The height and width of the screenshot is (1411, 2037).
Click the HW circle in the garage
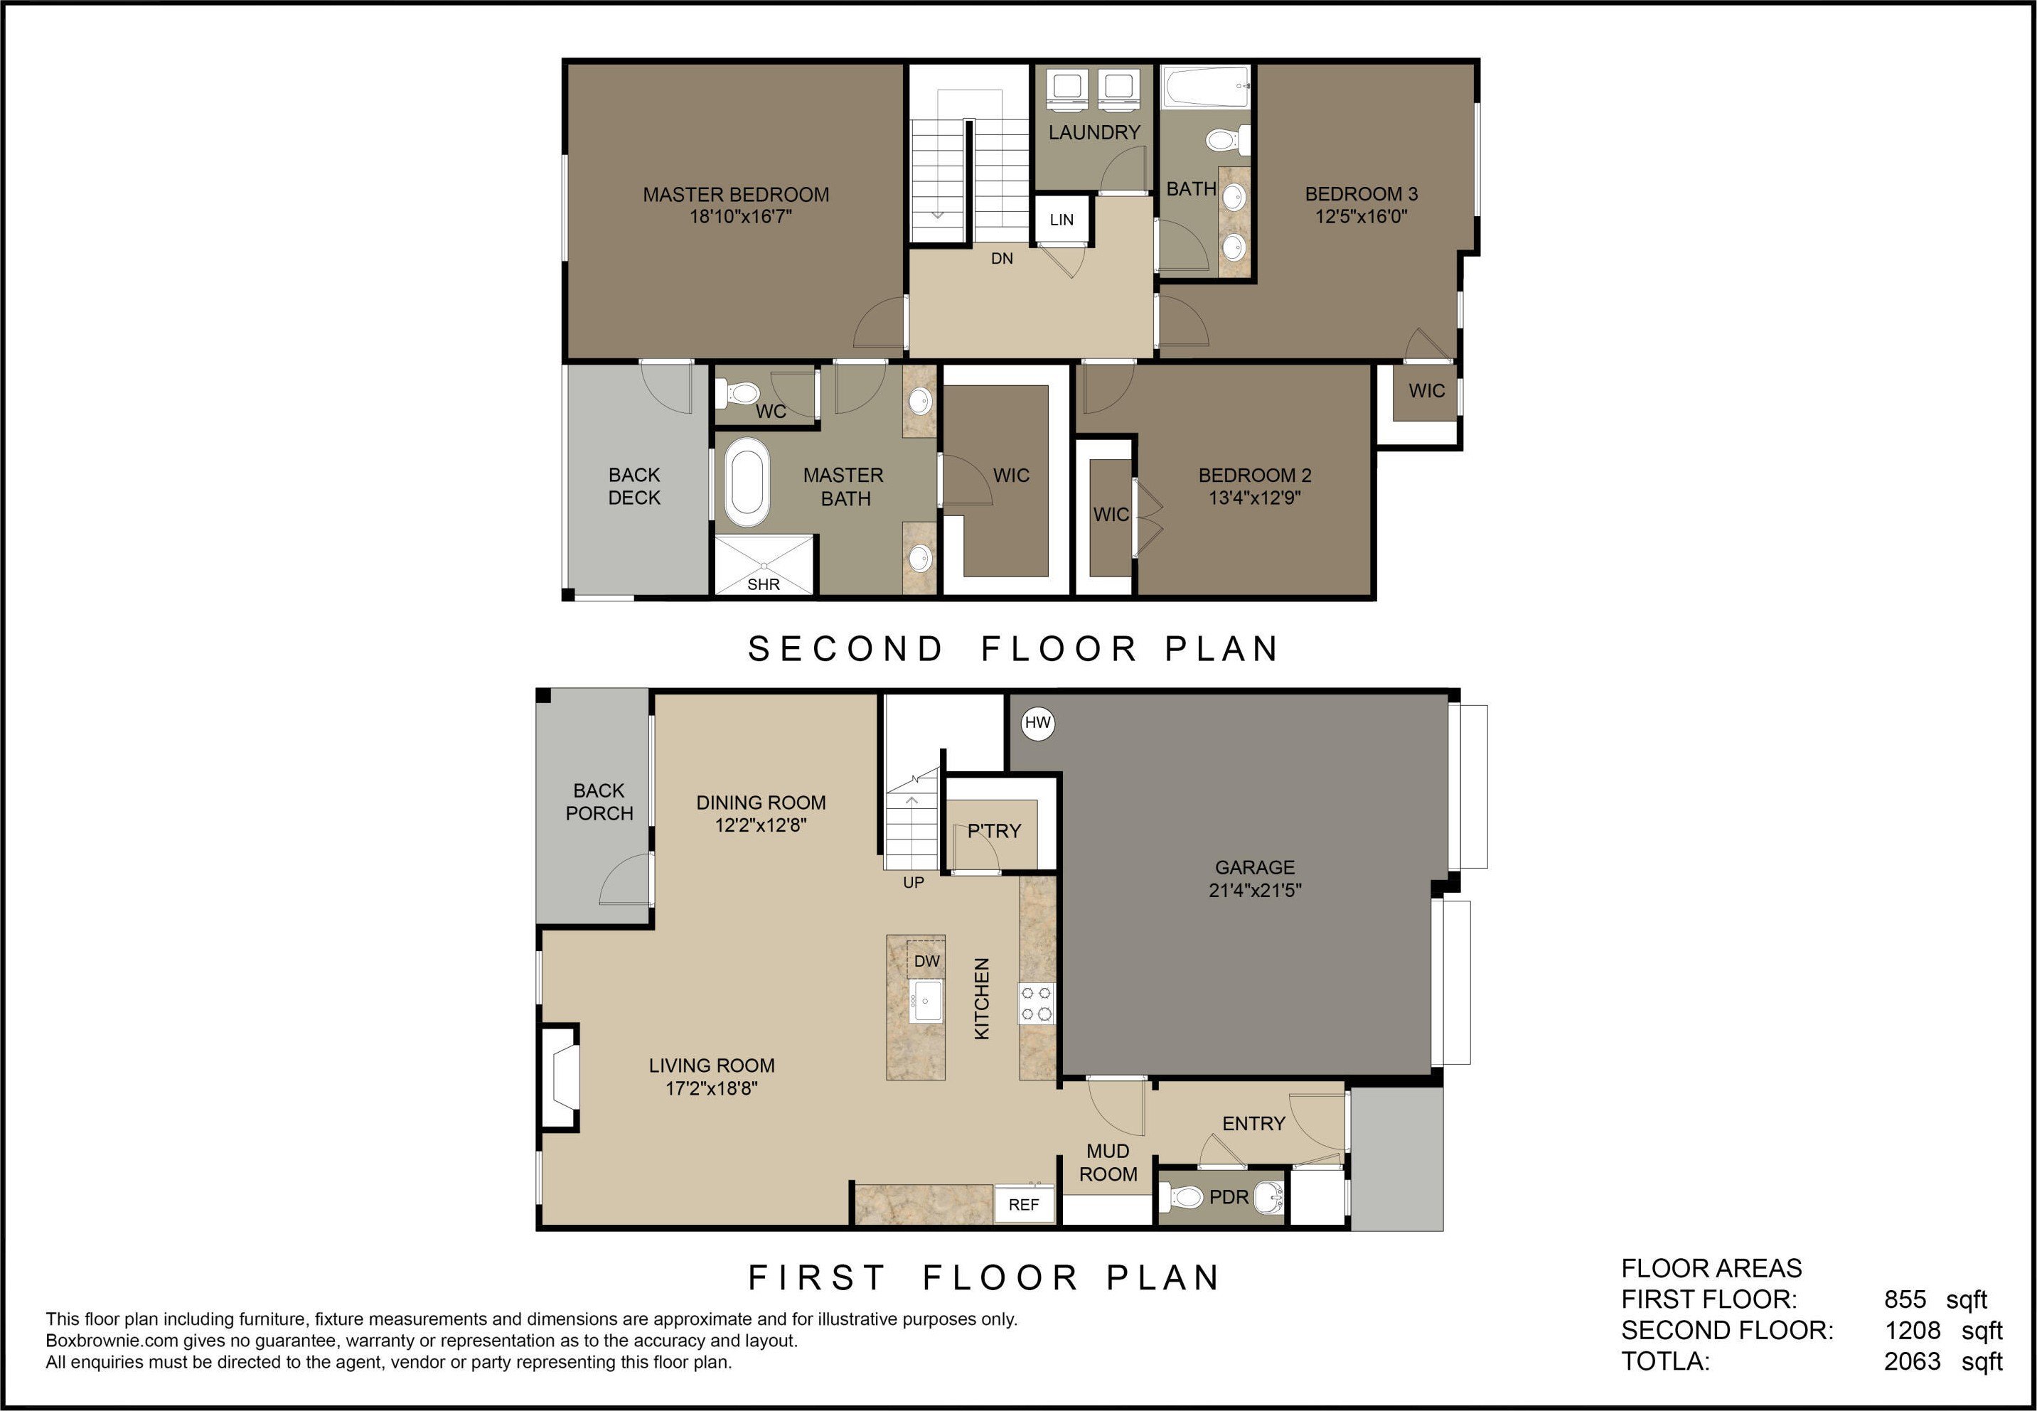[x=1037, y=723]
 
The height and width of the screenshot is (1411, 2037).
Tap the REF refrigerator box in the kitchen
[x=1024, y=1204]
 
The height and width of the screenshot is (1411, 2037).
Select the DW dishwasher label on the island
[x=926, y=961]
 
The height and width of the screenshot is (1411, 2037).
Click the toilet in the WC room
[x=737, y=392]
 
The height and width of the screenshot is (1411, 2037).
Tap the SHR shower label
[x=764, y=584]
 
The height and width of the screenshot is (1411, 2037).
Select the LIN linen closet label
[x=1062, y=219]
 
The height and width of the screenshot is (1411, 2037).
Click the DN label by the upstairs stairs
[x=1002, y=259]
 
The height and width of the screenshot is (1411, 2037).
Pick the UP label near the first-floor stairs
[x=914, y=882]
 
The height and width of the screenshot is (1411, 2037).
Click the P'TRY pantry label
[x=994, y=831]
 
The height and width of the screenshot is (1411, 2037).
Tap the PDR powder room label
[x=1229, y=1197]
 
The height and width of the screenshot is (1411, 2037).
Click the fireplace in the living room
[x=560, y=1077]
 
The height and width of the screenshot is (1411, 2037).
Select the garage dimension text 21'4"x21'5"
[x=1255, y=890]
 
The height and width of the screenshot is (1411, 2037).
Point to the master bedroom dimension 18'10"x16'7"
[x=740, y=217]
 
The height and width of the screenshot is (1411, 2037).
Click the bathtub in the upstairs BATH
[x=1206, y=87]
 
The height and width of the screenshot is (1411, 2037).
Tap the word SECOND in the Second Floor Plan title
[x=845, y=649]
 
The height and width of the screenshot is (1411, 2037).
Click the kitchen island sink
[x=927, y=1002]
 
